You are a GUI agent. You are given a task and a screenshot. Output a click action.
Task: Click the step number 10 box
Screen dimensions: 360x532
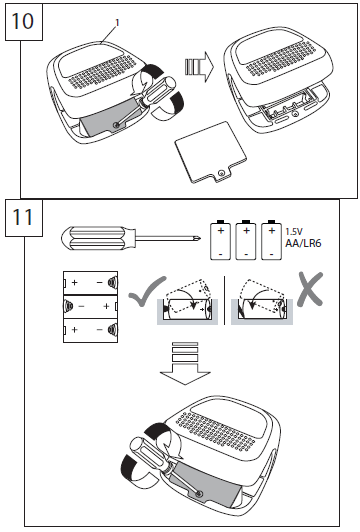tap(24, 22)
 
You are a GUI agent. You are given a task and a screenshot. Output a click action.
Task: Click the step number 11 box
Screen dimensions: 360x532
tap(24, 218)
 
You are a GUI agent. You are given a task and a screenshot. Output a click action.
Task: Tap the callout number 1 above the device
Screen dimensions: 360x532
tap(117, 23)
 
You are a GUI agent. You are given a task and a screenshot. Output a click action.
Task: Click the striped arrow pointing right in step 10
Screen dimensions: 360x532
tap(200, 67)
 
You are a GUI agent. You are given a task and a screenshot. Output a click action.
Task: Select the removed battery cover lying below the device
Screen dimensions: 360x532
tap(211, 153)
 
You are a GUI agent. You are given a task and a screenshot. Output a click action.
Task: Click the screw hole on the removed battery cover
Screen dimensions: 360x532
tap(222, 174)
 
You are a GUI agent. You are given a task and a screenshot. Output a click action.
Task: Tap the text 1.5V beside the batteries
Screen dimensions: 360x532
tap(294, 232)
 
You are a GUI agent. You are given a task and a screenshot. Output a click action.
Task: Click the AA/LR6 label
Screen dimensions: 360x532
tap(303, 243)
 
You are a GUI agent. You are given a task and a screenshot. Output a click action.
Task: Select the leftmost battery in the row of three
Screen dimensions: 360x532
tap(221, 240)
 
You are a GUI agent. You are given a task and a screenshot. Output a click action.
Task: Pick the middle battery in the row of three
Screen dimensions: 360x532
tap(246, 240)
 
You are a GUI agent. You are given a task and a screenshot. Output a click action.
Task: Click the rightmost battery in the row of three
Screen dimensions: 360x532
tap(271, 240)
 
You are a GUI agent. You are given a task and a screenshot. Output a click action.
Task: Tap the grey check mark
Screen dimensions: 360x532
tap(147, 292)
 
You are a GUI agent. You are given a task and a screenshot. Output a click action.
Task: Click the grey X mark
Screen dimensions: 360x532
tap(310, 289)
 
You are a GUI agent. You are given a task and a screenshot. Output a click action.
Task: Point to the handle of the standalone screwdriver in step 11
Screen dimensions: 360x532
tap(99, 239)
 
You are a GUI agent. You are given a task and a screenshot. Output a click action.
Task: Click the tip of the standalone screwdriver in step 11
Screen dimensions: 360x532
tap(201, 239)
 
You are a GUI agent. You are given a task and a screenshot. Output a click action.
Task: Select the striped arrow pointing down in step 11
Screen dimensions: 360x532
tap(185, 364)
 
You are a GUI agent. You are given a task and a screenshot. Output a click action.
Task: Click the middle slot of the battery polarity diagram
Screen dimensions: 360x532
tap(91, 306)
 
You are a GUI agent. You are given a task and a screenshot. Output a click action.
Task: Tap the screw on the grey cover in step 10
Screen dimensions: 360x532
tap(117, 125)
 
